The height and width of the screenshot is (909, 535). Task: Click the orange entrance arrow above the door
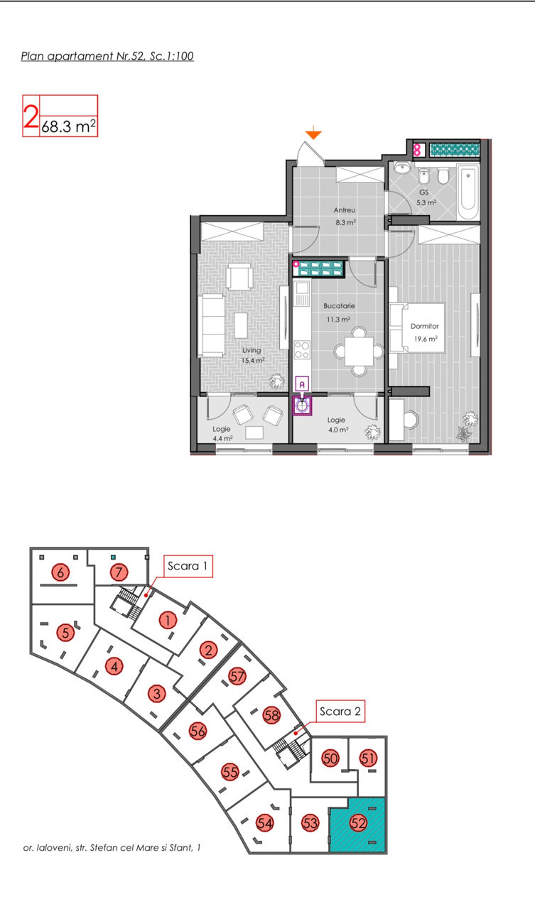[313, 133]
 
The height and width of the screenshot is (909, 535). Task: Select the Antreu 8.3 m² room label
[345, 217]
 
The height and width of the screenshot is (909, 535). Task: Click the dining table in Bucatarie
[359, 352]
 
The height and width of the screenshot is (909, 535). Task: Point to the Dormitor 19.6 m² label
[425, 332]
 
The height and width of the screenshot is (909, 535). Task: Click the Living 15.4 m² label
[252, 355]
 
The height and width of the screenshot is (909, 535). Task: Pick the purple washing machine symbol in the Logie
[303, 405]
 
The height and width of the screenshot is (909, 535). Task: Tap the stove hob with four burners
[301, 349]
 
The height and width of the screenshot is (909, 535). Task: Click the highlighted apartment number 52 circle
[358, 823]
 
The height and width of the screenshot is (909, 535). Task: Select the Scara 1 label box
[188, 566]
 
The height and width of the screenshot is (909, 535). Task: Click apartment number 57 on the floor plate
[237, 676]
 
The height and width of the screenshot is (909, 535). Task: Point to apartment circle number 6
[60, 572]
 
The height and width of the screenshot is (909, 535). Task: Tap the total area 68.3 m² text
[69, 126]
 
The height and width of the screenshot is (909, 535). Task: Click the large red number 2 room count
[31, 116]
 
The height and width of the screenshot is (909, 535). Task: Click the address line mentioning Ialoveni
[112, 847]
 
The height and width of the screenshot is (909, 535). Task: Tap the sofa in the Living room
[212, 326]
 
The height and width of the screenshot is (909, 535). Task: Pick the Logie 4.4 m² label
[222, 433]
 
